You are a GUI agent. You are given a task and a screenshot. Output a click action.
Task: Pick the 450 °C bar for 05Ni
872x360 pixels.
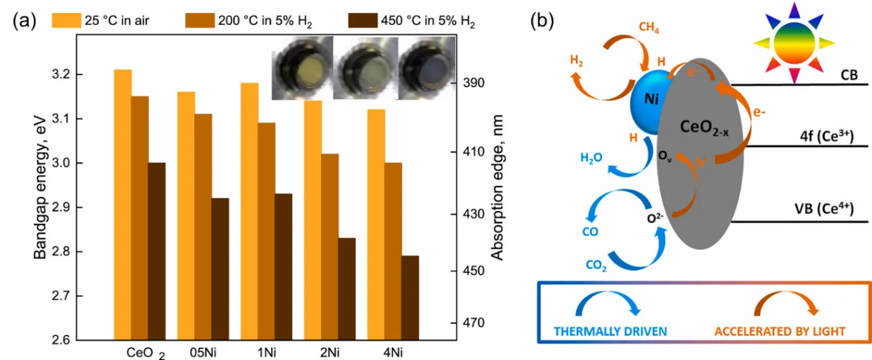pyautogui.click(x=220, y=269)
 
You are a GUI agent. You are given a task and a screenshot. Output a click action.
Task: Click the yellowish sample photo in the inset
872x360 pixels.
pyautogui.click(x=301, y=68)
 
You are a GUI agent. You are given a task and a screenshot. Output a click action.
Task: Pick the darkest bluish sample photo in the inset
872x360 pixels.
pyautogui.click(x=422, y=68)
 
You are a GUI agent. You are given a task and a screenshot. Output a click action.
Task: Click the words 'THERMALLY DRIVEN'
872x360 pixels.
pyautogui.click(x=610, y=331)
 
